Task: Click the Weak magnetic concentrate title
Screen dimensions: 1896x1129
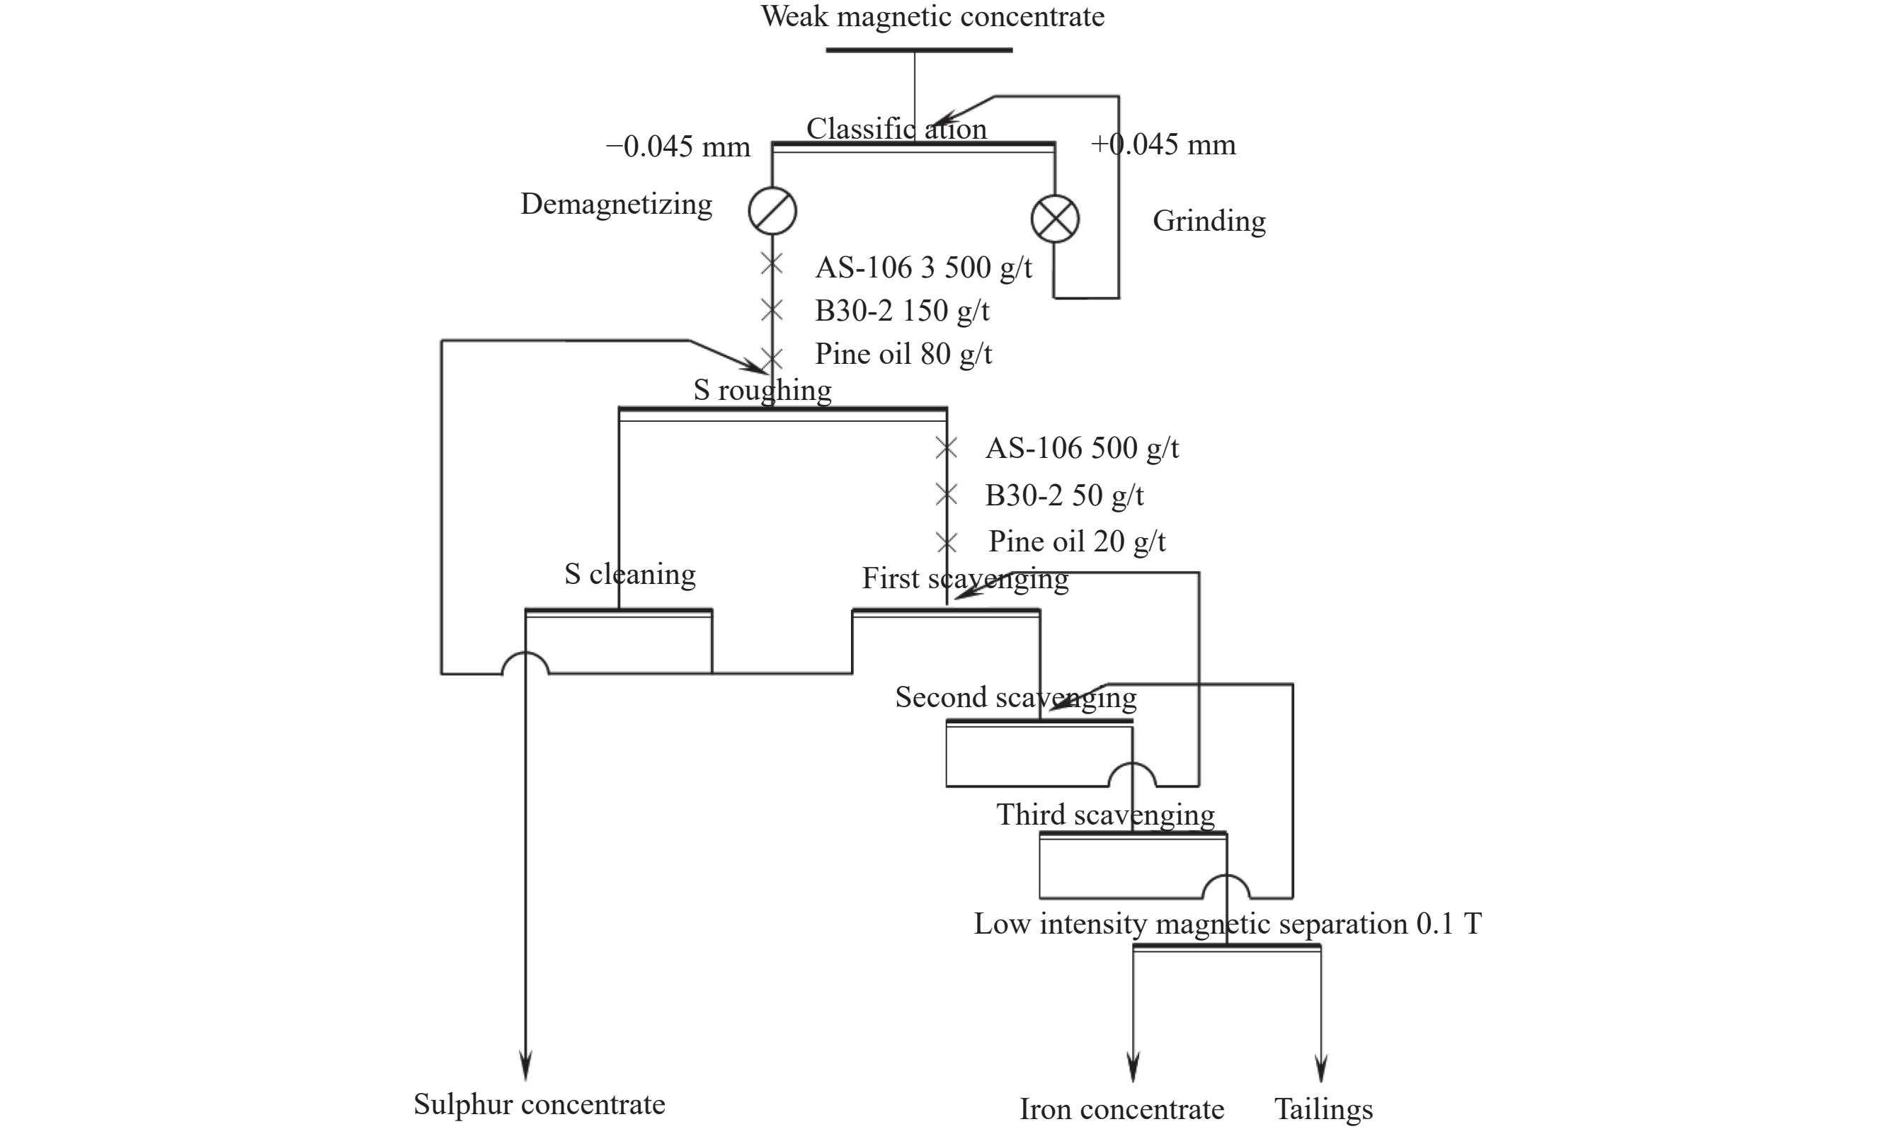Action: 933,17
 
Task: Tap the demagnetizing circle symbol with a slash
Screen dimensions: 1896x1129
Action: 772,211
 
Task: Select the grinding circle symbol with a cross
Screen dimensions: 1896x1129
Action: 1054,219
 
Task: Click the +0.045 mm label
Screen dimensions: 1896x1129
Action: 1163,144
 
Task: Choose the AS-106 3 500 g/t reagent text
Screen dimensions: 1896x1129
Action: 924,268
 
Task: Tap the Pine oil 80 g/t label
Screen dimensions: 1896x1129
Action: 904,354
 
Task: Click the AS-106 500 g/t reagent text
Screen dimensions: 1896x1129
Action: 1082,448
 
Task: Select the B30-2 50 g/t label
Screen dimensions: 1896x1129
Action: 1064,495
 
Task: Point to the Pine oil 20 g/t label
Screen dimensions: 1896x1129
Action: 1078,541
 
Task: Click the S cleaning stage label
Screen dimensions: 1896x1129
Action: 630,574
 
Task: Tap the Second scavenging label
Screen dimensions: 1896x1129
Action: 1016,698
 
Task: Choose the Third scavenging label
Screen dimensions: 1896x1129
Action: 1105,815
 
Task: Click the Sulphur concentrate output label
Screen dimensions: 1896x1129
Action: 539,1105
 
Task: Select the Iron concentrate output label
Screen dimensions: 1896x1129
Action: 1121,1109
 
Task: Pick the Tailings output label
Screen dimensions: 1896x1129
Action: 1323,1109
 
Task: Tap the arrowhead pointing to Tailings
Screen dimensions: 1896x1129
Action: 1321,1068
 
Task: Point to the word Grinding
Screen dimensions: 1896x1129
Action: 1209,222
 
